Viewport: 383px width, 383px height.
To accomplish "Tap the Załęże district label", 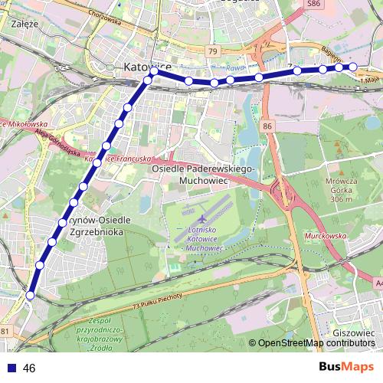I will (25, 24).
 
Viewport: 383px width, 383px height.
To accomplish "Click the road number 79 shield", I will (213, 51).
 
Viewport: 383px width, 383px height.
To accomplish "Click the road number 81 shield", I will (6, 331).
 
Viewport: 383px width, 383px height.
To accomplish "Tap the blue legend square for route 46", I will (11, 368).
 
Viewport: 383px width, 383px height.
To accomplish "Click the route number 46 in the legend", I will (30, 368).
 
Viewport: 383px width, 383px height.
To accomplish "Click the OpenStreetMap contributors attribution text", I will (316, 343).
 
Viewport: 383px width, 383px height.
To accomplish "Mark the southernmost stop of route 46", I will (30, 295).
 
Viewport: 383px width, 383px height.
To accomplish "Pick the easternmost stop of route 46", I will (354, 67).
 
